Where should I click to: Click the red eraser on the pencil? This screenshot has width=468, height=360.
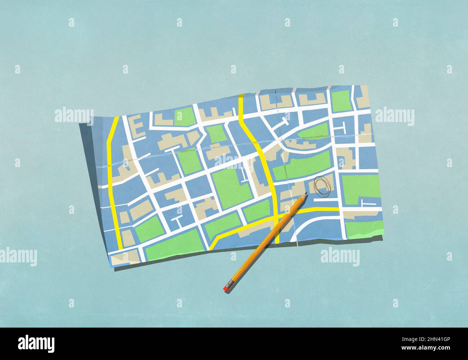tap(226, 289)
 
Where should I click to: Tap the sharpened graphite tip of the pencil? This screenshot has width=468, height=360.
tap(306, 194)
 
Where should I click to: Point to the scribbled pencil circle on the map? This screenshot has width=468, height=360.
tap(322, 186)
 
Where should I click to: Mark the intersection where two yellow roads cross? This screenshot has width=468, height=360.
tap(276, 217)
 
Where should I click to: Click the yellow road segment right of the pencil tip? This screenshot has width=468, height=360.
tap(320, 209)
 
